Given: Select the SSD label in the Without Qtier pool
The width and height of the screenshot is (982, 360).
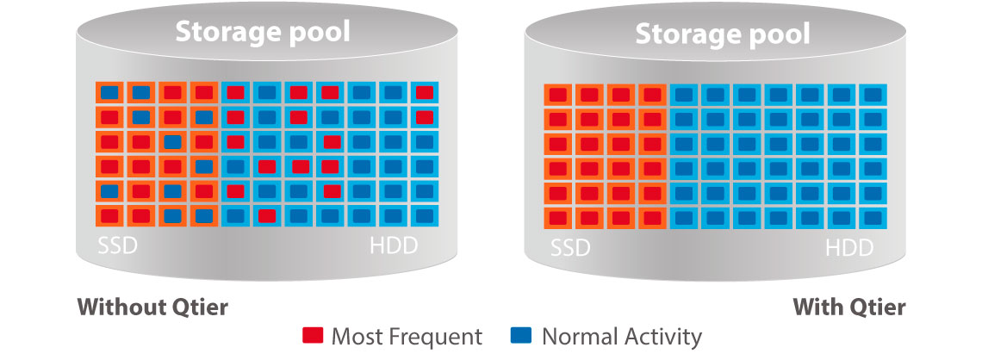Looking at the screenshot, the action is click(117, 246).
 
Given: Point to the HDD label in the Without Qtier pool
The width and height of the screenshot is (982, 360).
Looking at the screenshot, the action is click(394, 246).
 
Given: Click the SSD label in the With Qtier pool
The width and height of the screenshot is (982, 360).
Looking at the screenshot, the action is click(570, 249).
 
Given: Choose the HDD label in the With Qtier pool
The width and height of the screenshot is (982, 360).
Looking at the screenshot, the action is click(849, 249).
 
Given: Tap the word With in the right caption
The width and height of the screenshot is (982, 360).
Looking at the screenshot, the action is click(817, 307).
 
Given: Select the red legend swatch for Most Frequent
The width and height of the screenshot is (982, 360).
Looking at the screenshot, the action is click(313, 336).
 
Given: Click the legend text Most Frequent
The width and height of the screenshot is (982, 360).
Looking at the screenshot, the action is click(407, 337).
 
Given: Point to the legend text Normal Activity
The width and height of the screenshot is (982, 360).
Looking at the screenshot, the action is click(622, 337).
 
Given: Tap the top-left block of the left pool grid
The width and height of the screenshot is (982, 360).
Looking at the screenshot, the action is click(109, 93).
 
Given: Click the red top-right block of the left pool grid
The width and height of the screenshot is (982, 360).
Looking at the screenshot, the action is click(425, 93).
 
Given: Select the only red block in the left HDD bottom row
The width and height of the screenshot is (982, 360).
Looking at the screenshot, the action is click(267, 216).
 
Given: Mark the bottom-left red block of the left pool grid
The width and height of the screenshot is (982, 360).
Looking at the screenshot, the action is click(109, 216).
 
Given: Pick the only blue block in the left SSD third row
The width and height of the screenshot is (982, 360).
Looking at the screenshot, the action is click(173, 142).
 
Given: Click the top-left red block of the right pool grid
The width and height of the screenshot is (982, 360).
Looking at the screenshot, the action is click(558, 95).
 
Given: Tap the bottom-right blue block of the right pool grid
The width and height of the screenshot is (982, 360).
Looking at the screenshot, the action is click(873, 219).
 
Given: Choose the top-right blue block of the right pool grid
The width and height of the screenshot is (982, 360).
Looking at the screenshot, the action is click(873, 95).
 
